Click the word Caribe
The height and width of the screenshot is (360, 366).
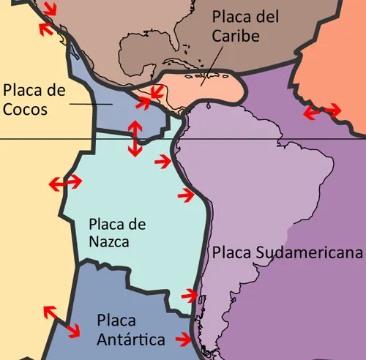click(236, 35)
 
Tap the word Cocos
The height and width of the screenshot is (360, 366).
click(25, 110)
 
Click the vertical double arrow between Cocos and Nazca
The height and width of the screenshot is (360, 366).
click(134, 137)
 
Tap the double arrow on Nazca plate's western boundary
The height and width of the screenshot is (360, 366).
click(65, 183)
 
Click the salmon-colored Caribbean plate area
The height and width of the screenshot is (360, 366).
click(220, 88)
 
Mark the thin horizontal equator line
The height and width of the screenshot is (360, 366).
click(44, 139)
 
